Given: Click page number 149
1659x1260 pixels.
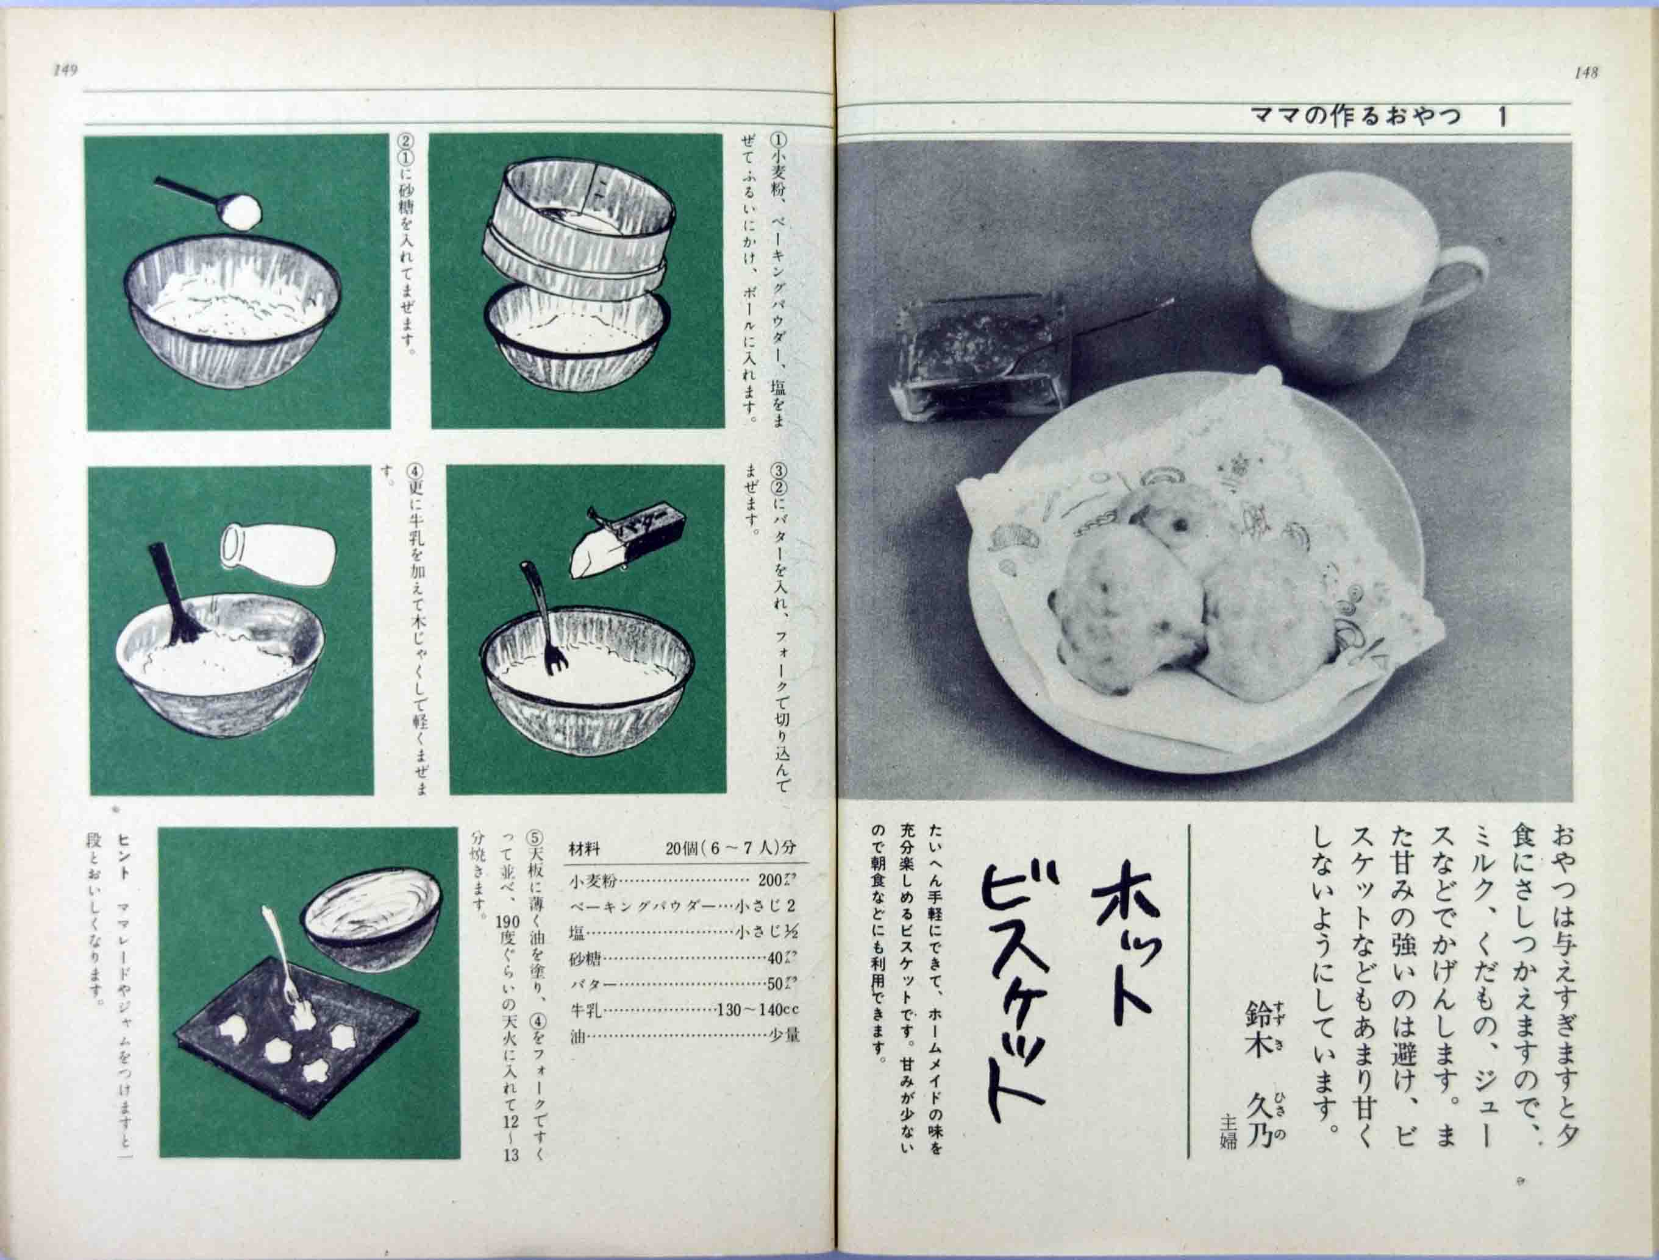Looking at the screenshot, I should pos(66,71).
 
